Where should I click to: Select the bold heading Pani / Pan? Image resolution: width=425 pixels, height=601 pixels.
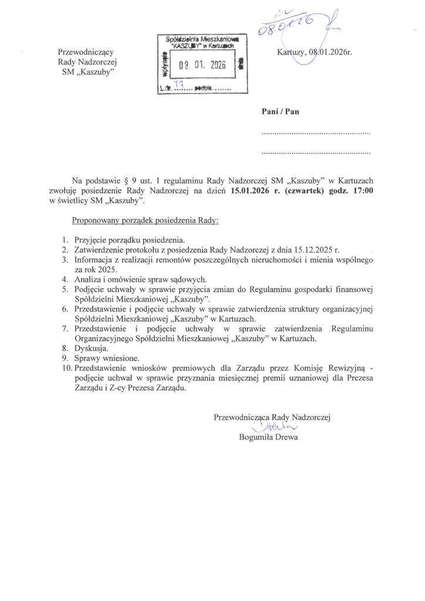pyautogui.click(x=280, y=112)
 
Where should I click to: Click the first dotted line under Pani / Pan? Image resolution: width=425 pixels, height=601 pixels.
pyautogui.click(x=316, y=134)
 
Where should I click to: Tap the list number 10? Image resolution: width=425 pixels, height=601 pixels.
pyautogui.click(x=66, y=367)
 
